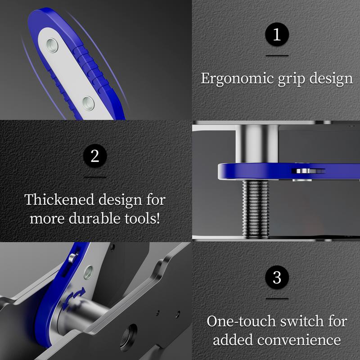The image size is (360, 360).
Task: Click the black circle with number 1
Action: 276,35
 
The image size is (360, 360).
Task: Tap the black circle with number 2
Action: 94,156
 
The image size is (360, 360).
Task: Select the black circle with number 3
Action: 276,277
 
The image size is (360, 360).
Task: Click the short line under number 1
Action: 276,55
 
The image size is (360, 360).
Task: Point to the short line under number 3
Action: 276,298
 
